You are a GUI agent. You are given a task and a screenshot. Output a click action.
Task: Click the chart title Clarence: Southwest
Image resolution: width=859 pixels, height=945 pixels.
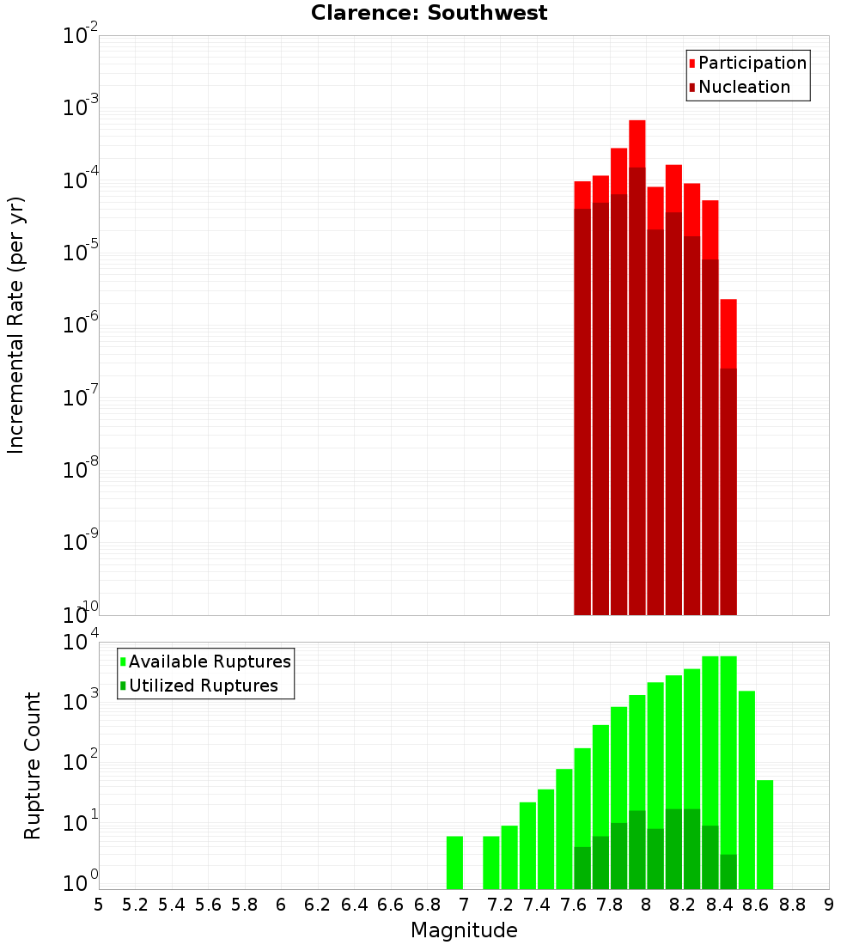pos(429,13)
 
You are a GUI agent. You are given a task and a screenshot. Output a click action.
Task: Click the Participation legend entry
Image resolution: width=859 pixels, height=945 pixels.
pos(752,63)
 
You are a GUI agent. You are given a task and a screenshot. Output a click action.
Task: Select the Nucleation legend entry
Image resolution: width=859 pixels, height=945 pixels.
pos(744,87)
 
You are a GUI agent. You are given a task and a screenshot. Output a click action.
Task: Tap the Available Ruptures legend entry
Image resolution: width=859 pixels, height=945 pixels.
pos(210,661)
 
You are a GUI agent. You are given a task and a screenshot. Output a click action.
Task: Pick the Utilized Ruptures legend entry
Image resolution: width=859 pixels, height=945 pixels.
pos(203,686)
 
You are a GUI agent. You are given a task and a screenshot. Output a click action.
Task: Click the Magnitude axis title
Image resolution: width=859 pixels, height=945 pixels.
pos(464,930)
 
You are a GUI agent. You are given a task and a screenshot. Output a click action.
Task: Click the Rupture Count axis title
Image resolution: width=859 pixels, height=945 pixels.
pos(33,765)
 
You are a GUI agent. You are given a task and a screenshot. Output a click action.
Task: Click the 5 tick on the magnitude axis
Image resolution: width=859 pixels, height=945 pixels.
pos(99,904)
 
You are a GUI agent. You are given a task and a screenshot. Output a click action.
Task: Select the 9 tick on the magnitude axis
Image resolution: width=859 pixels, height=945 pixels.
pos(829,904)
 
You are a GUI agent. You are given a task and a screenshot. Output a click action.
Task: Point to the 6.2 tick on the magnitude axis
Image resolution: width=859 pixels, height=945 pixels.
pos(318,904)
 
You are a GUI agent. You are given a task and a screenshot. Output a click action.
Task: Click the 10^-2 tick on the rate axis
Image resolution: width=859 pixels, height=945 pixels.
pos(80,36)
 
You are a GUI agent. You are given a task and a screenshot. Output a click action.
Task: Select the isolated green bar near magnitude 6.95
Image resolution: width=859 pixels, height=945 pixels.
pos(454,863)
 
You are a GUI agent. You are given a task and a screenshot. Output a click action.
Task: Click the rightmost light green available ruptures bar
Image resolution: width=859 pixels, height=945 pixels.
pos(765,833)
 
